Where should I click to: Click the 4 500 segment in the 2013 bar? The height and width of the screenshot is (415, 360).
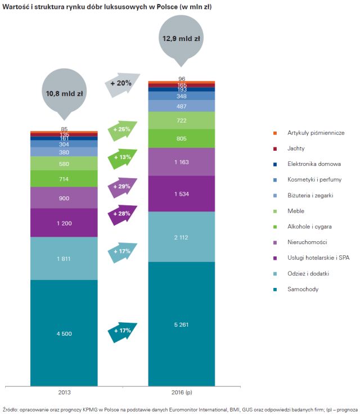click(65, 333)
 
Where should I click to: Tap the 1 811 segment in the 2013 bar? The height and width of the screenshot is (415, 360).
click(65, 259)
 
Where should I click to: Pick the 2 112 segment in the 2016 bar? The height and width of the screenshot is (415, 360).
click(182, 236)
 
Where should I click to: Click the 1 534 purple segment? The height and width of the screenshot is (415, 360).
click(182, 193)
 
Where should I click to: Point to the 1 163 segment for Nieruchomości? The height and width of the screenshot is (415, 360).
click(182, 162)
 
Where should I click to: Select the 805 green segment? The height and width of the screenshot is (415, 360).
click(182, 138)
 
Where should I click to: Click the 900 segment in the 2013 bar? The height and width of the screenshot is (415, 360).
click(65, 198)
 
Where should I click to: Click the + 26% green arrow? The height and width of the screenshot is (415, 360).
click(122, 129)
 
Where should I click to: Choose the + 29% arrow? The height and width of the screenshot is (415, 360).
click(122, 186)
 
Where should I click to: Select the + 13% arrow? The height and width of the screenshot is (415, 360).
click(122, 157)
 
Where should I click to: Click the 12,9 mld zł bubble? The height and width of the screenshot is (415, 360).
click(182, 39)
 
